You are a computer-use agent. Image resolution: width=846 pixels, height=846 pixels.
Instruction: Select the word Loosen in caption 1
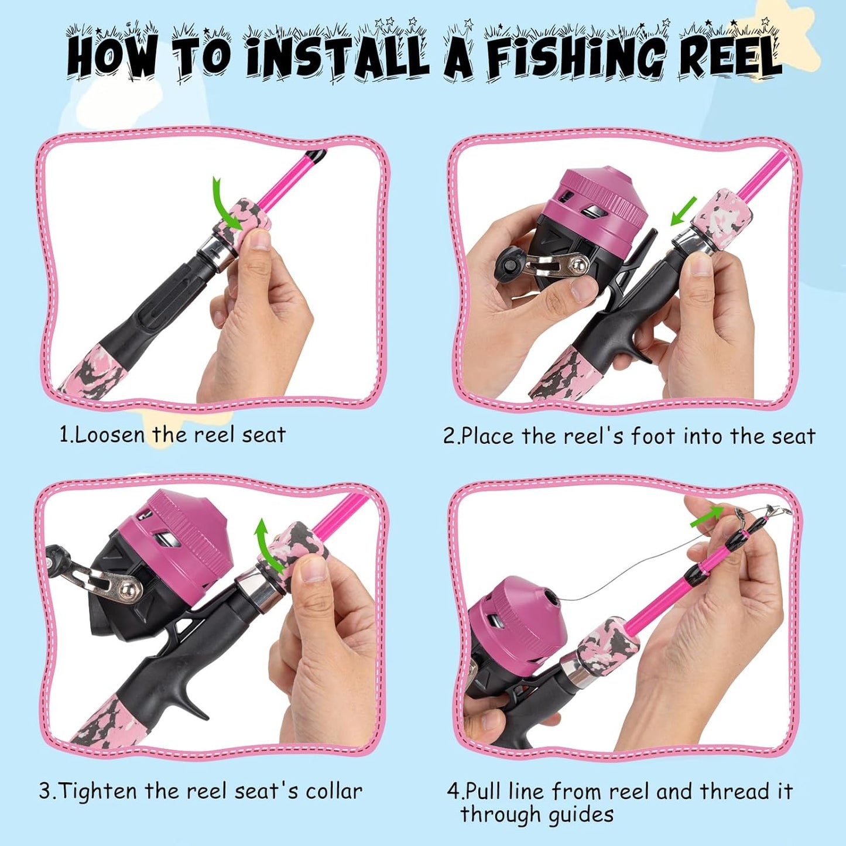click(110, 435)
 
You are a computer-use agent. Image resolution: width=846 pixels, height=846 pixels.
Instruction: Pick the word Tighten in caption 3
click(100, 791)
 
